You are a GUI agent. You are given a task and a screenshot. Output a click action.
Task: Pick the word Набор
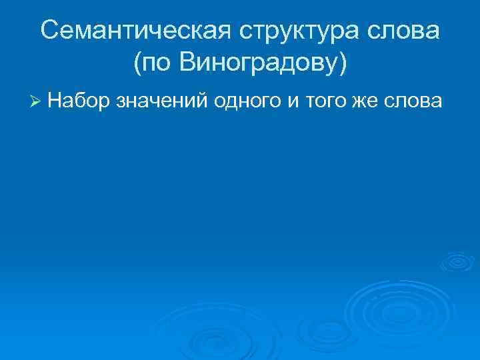pos(79,101)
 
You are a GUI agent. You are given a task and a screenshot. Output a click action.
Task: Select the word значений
pos(163,101)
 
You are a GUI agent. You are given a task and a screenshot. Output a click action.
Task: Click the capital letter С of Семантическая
pos(49,31)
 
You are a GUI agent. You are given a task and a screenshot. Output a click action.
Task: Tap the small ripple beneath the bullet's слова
pos(457,261)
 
